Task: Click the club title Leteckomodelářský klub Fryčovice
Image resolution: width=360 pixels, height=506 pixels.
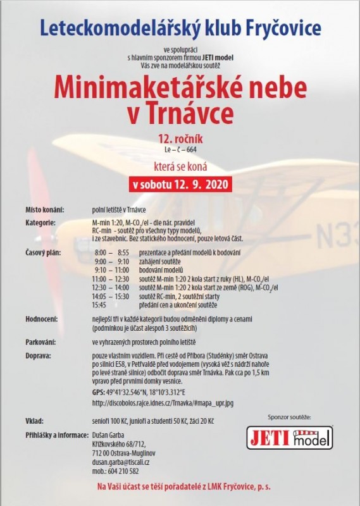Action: pyautogui.click(x=180, y=27)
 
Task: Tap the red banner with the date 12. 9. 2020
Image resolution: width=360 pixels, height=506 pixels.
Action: pyautogui.click(x=180, y=185)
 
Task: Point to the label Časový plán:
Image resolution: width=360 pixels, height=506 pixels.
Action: pyautogui.click(x=42, y=252)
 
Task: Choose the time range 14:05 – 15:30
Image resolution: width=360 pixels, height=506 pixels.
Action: pyautogui.click(x=110, y=296)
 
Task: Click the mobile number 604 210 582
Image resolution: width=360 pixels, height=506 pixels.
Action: pyautogui.click(x=115, y=471)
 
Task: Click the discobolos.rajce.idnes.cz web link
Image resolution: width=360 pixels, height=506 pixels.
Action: pyautogui.click(x=162, y=402)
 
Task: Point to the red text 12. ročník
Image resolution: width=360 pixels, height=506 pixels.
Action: pyautogui.click(x=180, y=137)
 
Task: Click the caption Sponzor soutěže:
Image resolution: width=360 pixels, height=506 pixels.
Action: pyautogui.click(x=289, y=417)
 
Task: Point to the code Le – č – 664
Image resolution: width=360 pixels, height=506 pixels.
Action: pyautogui.click(x=180, y=149)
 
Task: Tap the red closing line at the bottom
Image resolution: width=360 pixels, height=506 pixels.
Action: pyautogui.click(x=180, y=486)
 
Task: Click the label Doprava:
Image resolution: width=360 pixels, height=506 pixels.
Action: pyautogui.click(x=38, y=356)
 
